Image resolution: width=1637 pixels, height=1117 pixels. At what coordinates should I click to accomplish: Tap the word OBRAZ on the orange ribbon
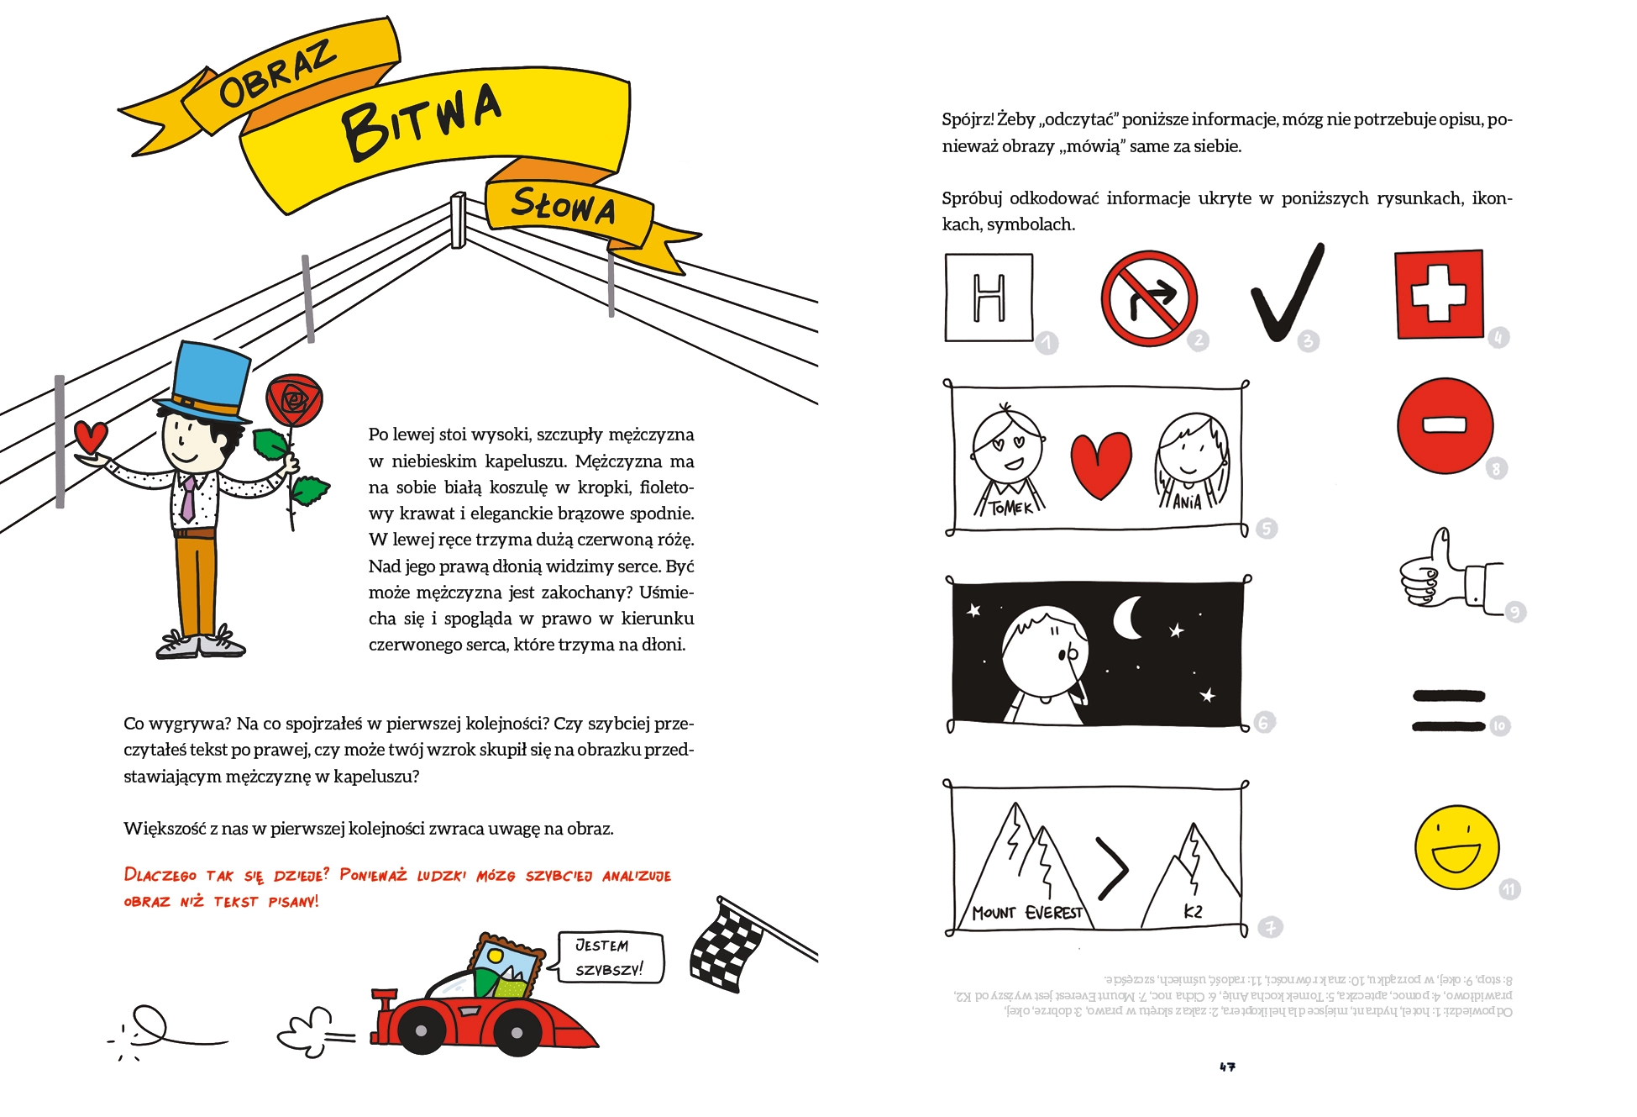pos(277,76)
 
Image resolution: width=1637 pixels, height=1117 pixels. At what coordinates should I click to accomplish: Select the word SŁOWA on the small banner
pos(563,206)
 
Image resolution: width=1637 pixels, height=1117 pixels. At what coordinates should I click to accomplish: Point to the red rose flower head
pos(293,400)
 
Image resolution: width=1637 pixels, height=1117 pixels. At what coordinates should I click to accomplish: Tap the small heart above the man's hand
pos(91,437)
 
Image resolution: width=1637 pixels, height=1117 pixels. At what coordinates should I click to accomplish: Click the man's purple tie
pos(188,498)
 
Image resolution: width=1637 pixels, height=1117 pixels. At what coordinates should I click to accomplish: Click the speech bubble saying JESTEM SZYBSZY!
pos(610,957)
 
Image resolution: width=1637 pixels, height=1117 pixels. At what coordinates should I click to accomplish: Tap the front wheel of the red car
pos(516,1031)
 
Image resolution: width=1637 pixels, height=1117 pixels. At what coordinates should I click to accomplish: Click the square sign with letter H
pos(989,298)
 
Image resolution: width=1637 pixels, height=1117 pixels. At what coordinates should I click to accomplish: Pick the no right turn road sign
pos(1149,298)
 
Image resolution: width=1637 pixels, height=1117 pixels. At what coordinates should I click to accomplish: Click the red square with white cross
pos(1439,294)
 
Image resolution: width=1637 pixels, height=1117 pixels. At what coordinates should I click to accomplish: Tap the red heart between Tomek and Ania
pos(1100,465)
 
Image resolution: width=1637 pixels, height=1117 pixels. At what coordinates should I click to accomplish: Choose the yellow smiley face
pos(1456,847)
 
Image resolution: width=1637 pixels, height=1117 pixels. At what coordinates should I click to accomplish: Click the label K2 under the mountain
pos(1193,911)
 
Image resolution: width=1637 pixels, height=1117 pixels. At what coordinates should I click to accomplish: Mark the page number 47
pos(1227,1067)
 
